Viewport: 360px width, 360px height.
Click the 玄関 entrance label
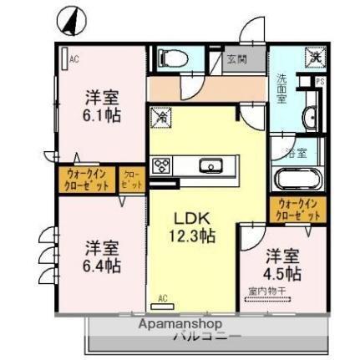(235, 59)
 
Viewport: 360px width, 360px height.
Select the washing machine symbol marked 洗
(314, 58)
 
